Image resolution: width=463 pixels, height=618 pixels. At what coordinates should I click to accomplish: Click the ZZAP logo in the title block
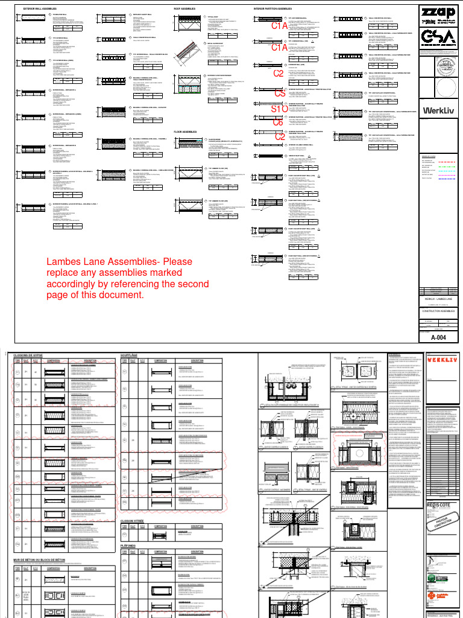(439, 12)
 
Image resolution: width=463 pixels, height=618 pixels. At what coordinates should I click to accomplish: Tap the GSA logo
(439, 37)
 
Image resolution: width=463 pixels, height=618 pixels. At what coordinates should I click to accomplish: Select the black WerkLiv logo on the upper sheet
(439, 110)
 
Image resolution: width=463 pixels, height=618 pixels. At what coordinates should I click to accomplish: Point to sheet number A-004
(438, 338)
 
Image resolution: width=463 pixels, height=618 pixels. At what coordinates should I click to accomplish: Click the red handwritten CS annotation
(280, 94)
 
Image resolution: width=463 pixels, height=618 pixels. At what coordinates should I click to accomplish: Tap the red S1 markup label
(277, 109)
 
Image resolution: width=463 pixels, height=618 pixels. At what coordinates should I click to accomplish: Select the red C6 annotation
(278, 123)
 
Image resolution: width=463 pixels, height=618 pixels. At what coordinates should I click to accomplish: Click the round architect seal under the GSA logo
(439, 68)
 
